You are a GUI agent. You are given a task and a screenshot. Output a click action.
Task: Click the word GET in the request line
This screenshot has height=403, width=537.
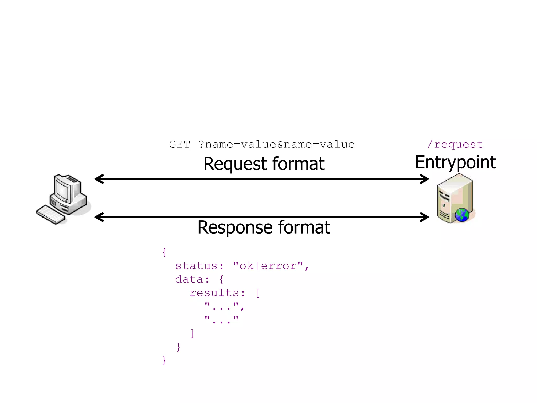(180, 145)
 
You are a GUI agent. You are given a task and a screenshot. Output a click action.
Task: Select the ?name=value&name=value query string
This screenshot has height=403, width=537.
(276, 145)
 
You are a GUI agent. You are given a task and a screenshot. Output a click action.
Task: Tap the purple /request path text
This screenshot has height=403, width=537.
(455, 145)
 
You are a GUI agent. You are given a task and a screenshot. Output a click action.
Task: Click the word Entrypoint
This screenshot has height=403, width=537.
(455, 162)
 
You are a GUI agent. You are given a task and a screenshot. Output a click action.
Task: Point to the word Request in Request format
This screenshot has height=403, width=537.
(235, 164)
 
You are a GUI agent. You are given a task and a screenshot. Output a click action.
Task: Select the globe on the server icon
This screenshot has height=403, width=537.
(462, 215)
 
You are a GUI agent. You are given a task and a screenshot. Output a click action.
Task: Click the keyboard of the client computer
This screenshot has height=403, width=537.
(51, 215)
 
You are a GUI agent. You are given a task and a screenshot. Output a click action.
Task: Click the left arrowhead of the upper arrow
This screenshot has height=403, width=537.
(99, 179)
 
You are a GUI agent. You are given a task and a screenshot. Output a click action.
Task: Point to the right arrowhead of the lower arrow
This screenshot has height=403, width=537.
(425, 217)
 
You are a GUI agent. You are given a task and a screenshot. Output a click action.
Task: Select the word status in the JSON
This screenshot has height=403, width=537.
(196, 266)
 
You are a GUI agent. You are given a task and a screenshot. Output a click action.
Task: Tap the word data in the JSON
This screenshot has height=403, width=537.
(189, 280)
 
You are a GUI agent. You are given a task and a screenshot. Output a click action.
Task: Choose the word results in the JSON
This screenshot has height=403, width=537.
(214, 293)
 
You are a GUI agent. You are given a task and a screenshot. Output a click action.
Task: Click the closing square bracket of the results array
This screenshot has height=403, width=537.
(192, 333)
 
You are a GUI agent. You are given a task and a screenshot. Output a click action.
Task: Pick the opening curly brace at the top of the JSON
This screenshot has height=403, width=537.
(164, 252)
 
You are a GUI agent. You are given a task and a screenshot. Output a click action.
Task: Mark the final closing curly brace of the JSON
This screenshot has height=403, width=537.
(164, 360)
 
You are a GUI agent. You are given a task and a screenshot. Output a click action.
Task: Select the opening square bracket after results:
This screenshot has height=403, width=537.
(258, 293)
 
